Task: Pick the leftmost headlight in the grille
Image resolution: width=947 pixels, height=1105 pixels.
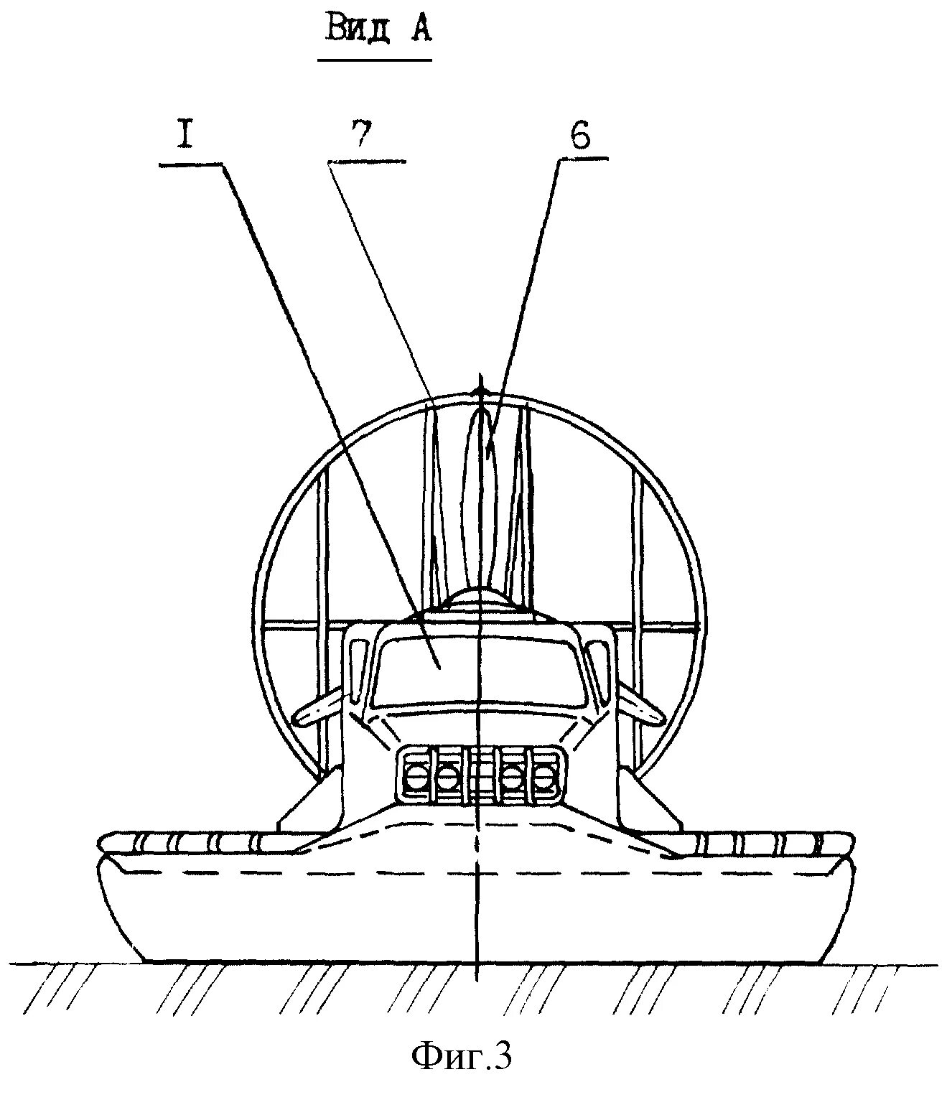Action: coord(415,775)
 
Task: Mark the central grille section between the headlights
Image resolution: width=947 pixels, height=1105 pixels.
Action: coord(480,775)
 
